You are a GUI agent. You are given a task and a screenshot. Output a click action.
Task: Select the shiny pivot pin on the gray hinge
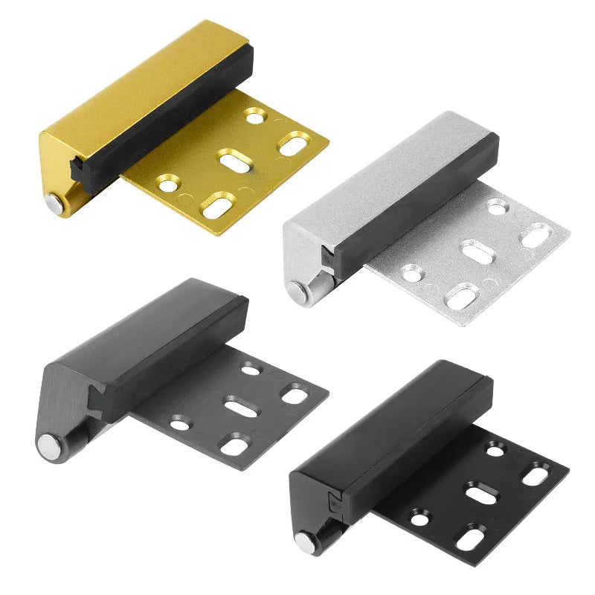coord(48,446)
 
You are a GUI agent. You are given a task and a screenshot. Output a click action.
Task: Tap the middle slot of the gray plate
coord(238,408)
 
